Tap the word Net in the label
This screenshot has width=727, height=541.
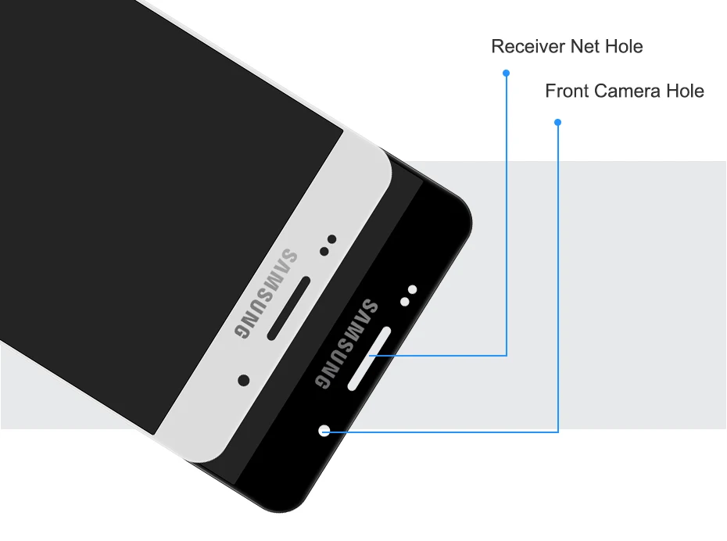coord(585,47)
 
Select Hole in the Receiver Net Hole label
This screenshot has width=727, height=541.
coord(623,47)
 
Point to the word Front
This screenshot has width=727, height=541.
coord(567,91)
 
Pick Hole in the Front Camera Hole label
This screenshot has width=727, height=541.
coord(685,91)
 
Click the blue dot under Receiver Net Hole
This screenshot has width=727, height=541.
coord(506,73)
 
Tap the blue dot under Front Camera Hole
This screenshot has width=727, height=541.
coord(557,122)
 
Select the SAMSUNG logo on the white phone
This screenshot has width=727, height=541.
coord(266,292)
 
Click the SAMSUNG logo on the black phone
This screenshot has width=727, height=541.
coord(346,343)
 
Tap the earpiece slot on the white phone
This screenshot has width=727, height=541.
coord(289,308)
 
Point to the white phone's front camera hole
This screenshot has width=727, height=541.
coord(244,380)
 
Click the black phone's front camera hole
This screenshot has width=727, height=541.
coord(325,430)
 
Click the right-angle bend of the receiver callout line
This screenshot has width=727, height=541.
coord(507,356)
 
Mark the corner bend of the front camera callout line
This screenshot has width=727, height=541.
coord(558,431)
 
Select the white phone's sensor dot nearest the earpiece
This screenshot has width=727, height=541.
coord(323,251)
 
